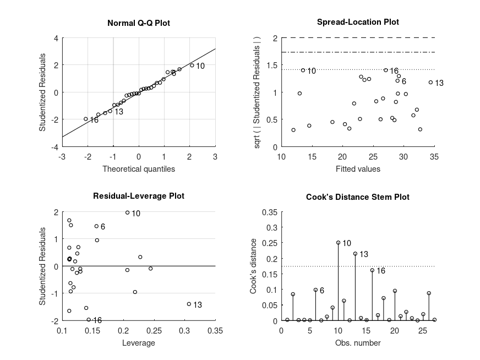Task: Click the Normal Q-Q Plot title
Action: click(x=138, y=23)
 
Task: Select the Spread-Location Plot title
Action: click(x=358, y=22)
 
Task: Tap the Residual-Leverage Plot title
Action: click(x=138, y=196)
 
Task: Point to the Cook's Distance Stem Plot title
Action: click(x=358, y=197)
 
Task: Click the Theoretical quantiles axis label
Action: click(x=139, y=169)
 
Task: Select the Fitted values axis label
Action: click(x=358, y=169)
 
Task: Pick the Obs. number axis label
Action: click(x=358, y=343)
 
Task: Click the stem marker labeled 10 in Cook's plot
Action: click(x=338, y=243)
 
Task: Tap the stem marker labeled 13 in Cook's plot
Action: click(x=355, y=254)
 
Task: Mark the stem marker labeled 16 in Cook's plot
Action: click(x=372, y=270)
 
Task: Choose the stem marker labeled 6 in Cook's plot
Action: click(x=315, y=290)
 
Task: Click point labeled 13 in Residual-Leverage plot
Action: click(x=189, y=304)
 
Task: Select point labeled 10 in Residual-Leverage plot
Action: click(x=127, y=212)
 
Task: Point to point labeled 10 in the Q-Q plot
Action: click(x=192, y=65)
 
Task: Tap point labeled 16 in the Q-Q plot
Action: click(x=85, y=118)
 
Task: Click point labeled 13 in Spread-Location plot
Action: click(x=430, y=83)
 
